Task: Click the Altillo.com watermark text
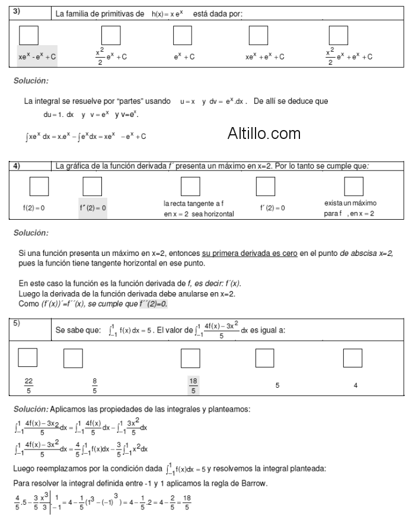pos(264,133)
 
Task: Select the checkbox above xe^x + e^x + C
pos(258,36)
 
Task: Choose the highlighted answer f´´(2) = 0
pos(92,208)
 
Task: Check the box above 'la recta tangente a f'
pos(190,186)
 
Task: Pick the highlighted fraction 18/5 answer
pos(193,385)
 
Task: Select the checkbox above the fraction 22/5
pos(28,357)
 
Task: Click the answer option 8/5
pos(95,385)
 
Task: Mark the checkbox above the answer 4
pos(353,357)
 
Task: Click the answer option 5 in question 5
pos(277,385)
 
